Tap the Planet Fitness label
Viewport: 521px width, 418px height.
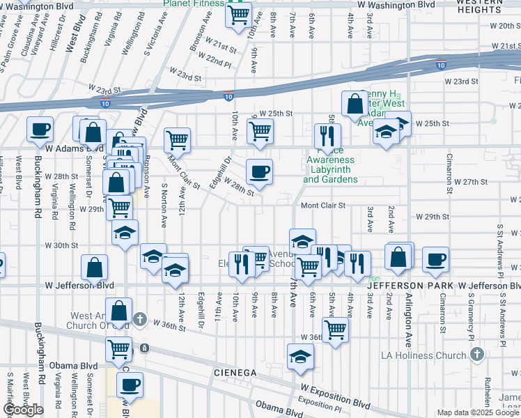point(193,3)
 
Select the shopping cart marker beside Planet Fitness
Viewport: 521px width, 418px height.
point(239,13)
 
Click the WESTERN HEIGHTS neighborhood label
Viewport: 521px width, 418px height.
point(480,6)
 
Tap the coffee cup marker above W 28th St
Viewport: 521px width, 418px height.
point(260,171)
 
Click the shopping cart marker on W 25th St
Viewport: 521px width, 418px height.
point(260,130)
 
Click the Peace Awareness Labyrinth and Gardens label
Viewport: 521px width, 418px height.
point(331,169)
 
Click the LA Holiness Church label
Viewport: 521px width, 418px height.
point(423,355)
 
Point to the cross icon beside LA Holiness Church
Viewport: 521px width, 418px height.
point(476,355)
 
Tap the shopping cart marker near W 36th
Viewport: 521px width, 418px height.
point(335,330)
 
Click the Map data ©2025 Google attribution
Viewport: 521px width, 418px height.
point(478,412)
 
